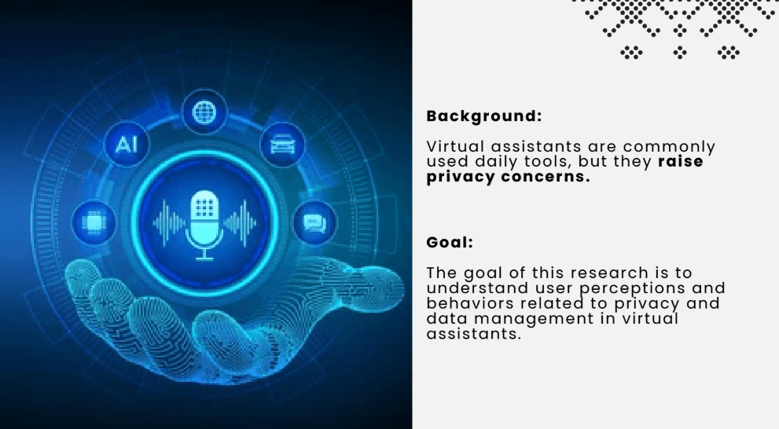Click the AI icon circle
click(x=127, y=145)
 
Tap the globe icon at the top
click(x=204, y=112)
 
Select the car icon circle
click(x=282, y=145)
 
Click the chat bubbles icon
click(x=314, y=223)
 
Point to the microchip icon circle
click(x=94, y=222)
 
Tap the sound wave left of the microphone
click(x=168, y=223)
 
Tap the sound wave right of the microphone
click(x=241, y=223)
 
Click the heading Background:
click(x=484, y=116)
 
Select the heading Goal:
click(x=450, y=242)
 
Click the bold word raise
click(x=681, y=161)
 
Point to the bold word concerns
click(x=545, y=177)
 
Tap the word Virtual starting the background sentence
click(x=455, y=146)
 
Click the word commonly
click(x=669, y=148)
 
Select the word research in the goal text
click(x=609, y=273)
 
